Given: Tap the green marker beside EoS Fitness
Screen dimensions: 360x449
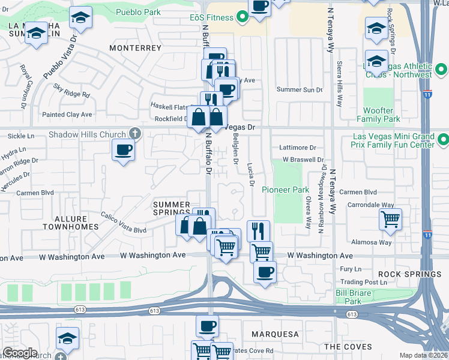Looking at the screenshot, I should coord(243,17).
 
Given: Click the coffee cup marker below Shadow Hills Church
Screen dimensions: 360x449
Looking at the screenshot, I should coord(124,150).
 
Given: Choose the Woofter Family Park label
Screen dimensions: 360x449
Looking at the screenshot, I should coord(382,115).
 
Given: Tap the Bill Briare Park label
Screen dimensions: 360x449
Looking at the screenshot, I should coord(356,297).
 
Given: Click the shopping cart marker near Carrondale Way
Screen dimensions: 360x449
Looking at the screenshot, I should coord(391,220).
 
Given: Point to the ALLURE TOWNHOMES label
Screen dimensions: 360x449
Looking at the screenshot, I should coord(70,223).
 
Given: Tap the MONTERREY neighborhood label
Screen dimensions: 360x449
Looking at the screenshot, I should coord(132,47).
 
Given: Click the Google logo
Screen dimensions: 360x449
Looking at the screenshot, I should coord(20,352).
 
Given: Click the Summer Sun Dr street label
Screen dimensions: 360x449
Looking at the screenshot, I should coord(299,89).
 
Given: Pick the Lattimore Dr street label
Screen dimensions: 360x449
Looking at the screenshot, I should coord(298,147).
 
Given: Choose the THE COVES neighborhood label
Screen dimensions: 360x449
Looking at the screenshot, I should coord(348,347).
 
